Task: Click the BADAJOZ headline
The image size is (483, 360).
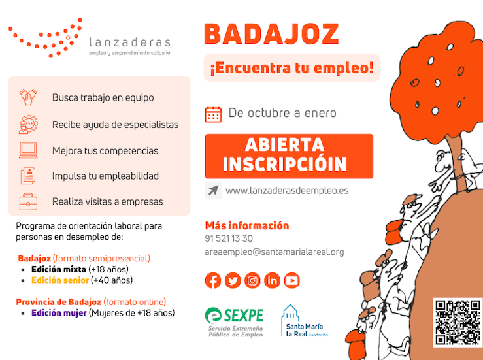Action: coord(271,34)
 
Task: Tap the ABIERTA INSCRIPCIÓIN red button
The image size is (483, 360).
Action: coord(289,155)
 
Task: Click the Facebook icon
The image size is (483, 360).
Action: coord(213,281)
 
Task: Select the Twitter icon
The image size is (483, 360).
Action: coord(233,281)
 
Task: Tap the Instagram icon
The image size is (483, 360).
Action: coord(252,281)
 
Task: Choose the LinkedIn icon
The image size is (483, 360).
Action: coord(272,281)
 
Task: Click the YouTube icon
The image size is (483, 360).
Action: coord(291,281)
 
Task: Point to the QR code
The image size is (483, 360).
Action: coord(457,321)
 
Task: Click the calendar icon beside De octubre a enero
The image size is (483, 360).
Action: coord(213,114)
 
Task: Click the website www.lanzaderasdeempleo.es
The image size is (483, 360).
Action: coord(286,191)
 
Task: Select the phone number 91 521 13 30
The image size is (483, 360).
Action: coord(229,238)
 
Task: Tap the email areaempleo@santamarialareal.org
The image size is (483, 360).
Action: coord(274,252)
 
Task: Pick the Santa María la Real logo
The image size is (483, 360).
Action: coord(304,321)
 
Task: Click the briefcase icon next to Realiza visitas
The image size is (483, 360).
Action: coord(28,201)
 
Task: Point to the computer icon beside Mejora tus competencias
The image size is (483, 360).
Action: coord(28,150)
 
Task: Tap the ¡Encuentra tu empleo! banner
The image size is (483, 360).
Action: coord(291,67)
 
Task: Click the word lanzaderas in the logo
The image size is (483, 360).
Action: coord(129,42)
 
